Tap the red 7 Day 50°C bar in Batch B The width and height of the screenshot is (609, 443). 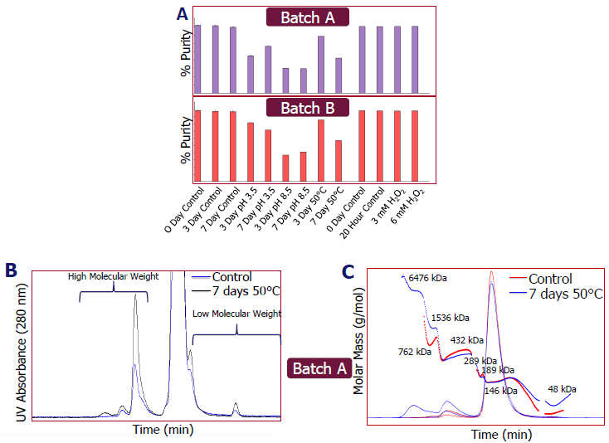[339, 160]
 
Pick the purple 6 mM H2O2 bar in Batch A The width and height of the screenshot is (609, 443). [415, 60]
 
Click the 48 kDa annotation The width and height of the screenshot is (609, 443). [561, 388]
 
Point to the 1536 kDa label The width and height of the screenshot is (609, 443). [450, 317]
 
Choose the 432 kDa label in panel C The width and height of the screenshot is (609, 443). [466, 340]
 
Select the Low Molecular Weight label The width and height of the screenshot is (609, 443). [237, 314]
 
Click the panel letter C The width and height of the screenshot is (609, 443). [348, 270]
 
